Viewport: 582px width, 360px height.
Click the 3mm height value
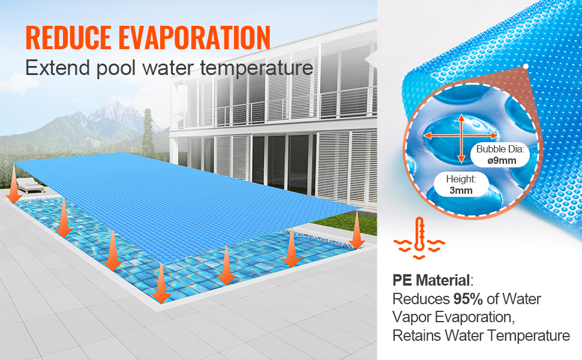[x=460, y=191]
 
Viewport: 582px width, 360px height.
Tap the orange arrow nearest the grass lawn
[x=357, y=231]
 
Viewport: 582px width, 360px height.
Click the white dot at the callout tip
[x=526, y=66]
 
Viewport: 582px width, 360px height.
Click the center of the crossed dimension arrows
[x=461, y=139]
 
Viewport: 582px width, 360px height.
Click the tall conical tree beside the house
[x=148, y=135]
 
